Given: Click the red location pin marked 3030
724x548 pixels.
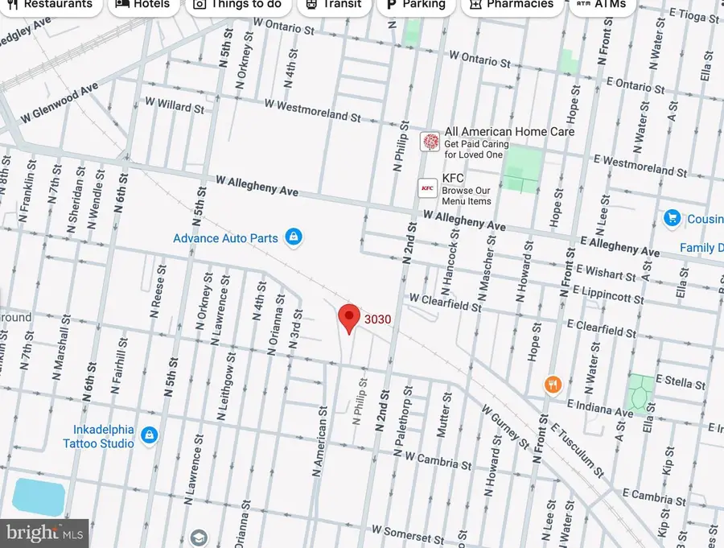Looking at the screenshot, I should (348, 319).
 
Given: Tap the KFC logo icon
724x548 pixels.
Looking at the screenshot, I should (428, 188).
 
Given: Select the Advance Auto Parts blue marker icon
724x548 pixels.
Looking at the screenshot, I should (294, 237).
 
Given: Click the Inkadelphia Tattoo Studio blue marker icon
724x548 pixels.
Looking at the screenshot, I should (149, 435).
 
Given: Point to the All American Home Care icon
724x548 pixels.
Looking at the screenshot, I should (430, 142).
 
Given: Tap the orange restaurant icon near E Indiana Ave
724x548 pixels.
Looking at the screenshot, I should (552, 384).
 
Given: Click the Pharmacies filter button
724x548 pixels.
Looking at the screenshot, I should (512, 5).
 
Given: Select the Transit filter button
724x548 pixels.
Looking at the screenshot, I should (331, 5).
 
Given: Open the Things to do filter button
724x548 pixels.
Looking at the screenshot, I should (237, 5).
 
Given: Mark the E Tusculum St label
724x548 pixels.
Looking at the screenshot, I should (576, 447).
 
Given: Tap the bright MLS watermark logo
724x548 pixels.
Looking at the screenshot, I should (44, 533).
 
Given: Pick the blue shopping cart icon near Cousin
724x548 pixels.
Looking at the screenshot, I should (672, 218).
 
